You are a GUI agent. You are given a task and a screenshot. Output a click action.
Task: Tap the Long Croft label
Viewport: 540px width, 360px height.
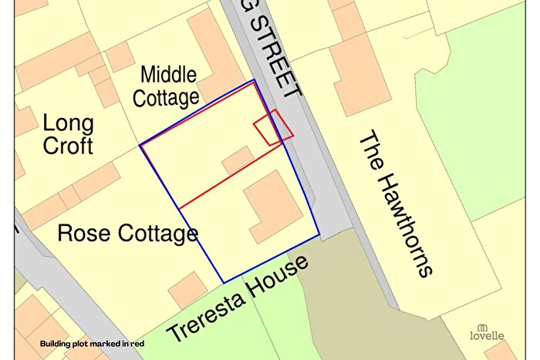[x=68, y=133]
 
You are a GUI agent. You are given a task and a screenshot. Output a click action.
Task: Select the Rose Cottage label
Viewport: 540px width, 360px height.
[x=128, y=233]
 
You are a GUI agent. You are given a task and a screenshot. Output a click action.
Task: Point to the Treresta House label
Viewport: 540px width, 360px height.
[x=238, y=299]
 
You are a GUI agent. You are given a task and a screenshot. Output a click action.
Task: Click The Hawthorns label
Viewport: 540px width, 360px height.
[x=394, y=204]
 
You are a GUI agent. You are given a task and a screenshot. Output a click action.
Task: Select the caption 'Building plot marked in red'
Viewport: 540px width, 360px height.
[x=92, y=343]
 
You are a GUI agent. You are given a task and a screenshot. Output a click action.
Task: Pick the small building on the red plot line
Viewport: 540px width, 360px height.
[x=238, y=160]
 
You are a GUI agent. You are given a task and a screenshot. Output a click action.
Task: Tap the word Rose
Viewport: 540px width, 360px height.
[x=86, y=233]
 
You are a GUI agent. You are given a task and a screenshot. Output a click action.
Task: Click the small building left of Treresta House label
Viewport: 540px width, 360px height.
[x=187, y=289]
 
